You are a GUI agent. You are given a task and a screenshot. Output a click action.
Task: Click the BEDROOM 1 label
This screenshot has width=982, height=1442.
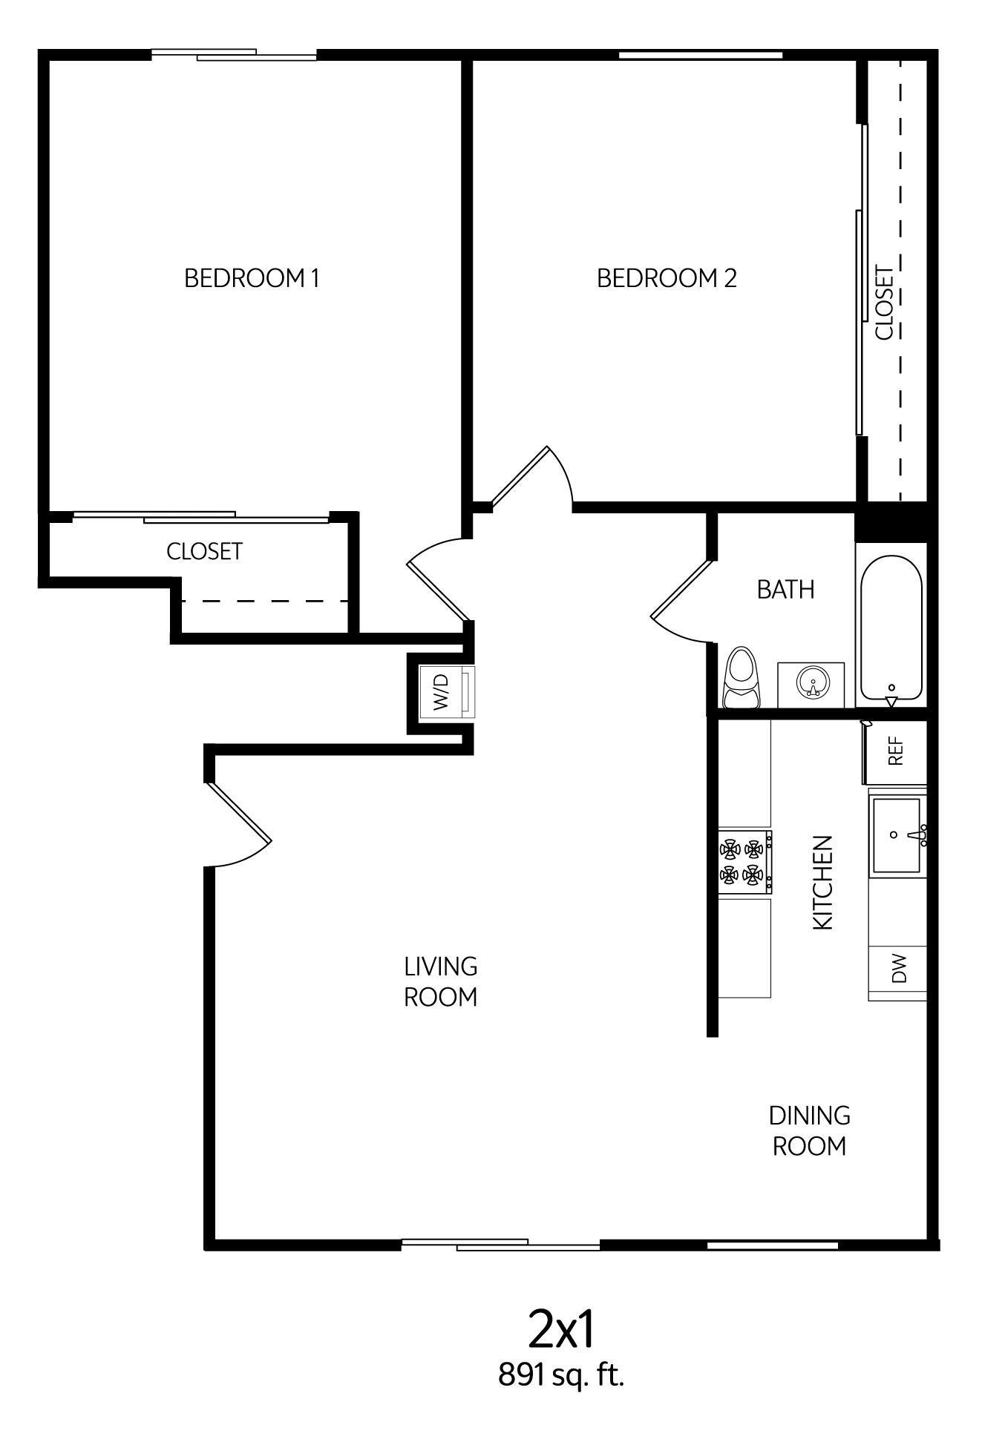click(x=252, y=278)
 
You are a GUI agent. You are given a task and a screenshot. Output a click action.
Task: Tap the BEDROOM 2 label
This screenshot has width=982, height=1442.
click(x=667, y=278)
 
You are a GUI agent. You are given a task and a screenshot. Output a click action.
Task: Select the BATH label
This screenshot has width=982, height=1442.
click(x=785, y=589)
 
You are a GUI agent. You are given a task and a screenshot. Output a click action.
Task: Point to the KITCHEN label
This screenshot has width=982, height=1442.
click(x=823, y=882)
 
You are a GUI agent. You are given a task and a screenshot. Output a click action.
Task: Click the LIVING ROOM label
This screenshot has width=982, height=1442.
click(x=440, y=981)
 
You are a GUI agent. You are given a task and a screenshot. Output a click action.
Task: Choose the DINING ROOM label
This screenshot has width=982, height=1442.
click(x=809, y=1130)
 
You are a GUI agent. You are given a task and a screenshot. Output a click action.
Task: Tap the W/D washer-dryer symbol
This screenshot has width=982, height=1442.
click(x=445, y=692)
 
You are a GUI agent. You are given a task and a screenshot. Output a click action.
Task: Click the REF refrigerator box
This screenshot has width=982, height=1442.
click(x=896, y=751)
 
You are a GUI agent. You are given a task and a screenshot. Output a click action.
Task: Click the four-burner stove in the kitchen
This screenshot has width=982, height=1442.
click(x=744, y=863)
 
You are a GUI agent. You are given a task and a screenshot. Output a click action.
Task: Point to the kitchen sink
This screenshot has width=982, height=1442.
click(x=898, y=834)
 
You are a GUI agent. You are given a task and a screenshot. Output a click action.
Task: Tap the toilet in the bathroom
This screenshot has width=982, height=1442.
click(x=742, y=678)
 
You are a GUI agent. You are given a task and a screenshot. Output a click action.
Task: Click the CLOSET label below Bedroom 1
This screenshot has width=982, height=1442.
click(x=204, y=551)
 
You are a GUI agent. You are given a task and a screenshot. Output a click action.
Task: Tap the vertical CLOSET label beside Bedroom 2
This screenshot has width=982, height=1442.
click(x=884, y=303)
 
